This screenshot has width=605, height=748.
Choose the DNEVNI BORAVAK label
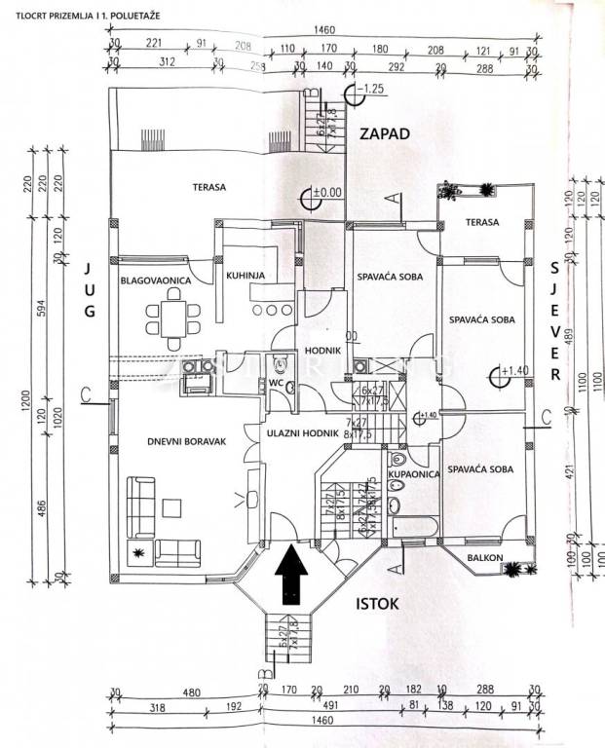(186, 441)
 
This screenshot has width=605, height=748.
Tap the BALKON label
(483, 557)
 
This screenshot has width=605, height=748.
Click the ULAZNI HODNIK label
(301, 431)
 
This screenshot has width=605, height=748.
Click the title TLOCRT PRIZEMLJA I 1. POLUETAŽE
(67, 14)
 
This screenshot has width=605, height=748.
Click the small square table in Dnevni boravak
(171, 506)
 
